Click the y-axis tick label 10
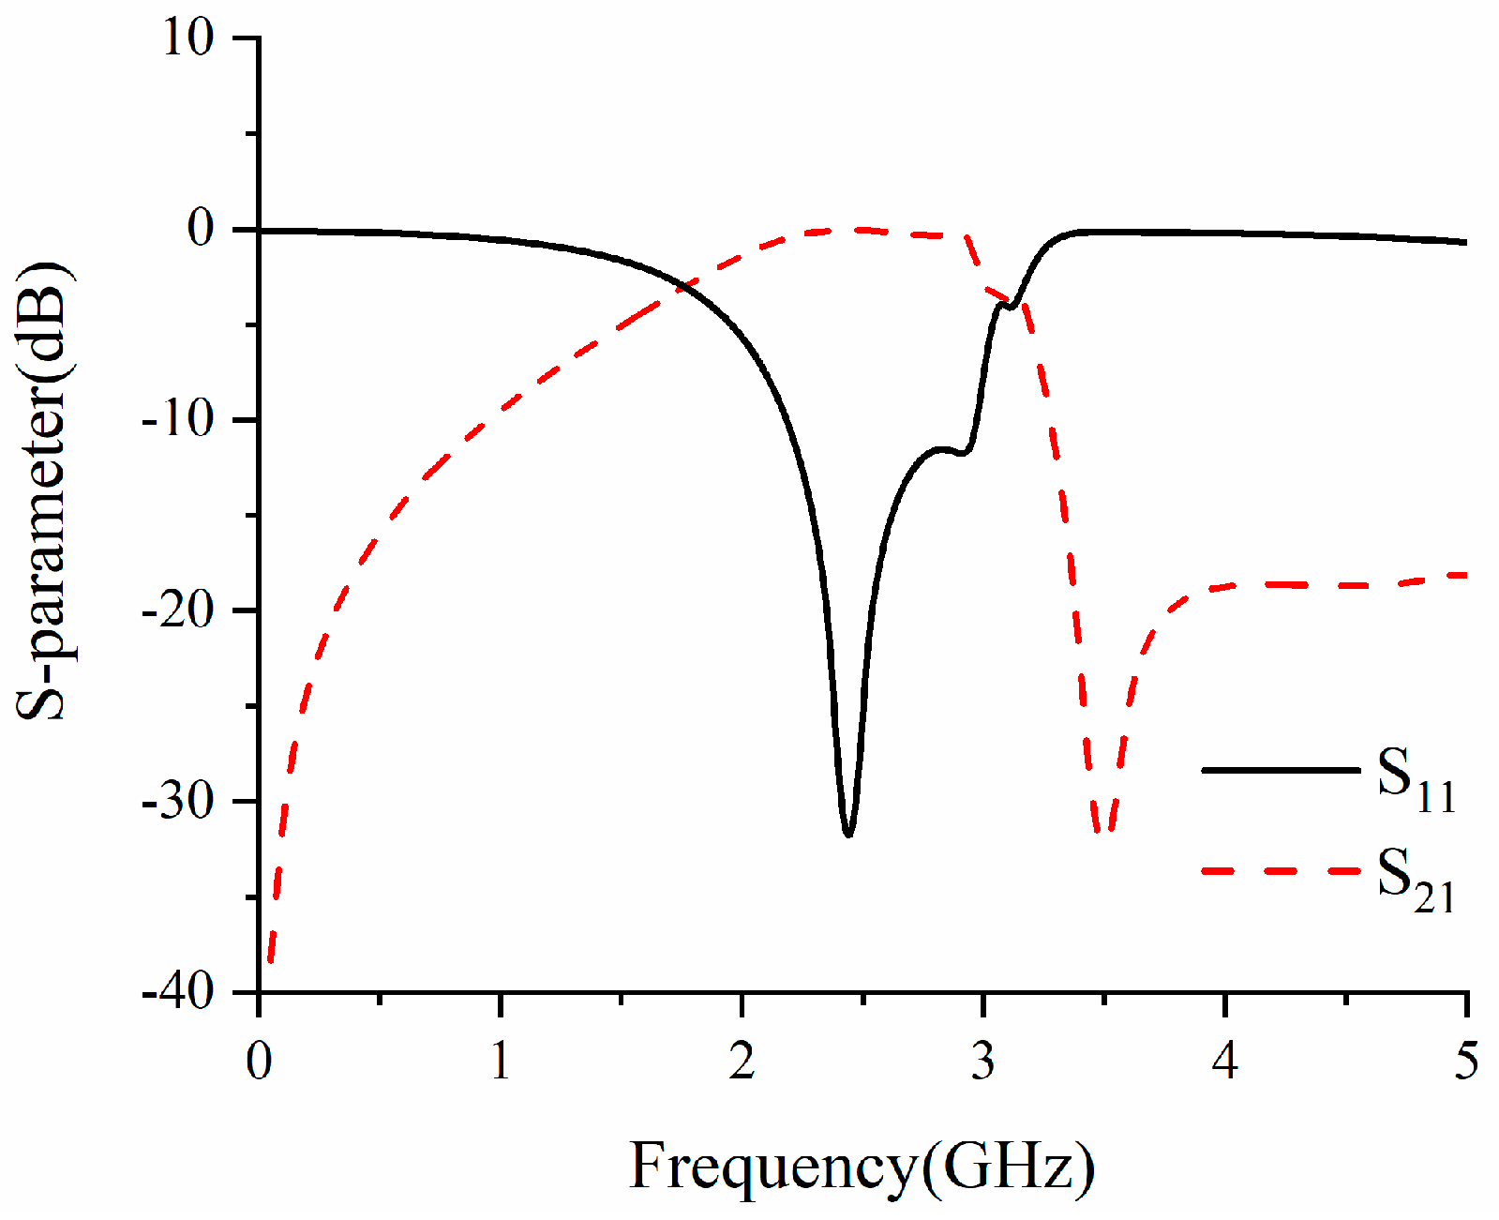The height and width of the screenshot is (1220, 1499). [x=188, y=39]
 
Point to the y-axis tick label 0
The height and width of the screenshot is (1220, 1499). [x=201, y=230]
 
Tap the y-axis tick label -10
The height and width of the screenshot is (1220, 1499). [x=178, y=420]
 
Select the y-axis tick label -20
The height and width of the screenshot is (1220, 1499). [x=178, y=610]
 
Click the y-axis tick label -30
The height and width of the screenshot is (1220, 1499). [x=178, y=801]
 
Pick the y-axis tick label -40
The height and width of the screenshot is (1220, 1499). [x=178, y=991]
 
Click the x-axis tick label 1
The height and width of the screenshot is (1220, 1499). [x=501, y=1061]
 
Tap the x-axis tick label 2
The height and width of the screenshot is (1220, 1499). [x=742, y=1061]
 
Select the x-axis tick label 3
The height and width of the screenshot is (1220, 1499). [x=982, y=1061]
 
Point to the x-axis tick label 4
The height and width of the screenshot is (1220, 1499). [x=1224, y=1061]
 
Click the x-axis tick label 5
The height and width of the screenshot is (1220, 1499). [x=1465, y=1061]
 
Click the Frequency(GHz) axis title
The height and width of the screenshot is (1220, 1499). [x=862, y=1167]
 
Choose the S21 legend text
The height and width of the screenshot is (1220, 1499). [x=1416, y=880]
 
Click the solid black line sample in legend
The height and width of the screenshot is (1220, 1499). [x=1281, y=770]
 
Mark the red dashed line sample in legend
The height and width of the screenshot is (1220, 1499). [x=1281, y=871]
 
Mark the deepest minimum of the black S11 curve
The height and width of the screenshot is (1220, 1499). [x=848, y=834]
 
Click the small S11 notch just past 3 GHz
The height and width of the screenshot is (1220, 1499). [x=1011, y=306]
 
